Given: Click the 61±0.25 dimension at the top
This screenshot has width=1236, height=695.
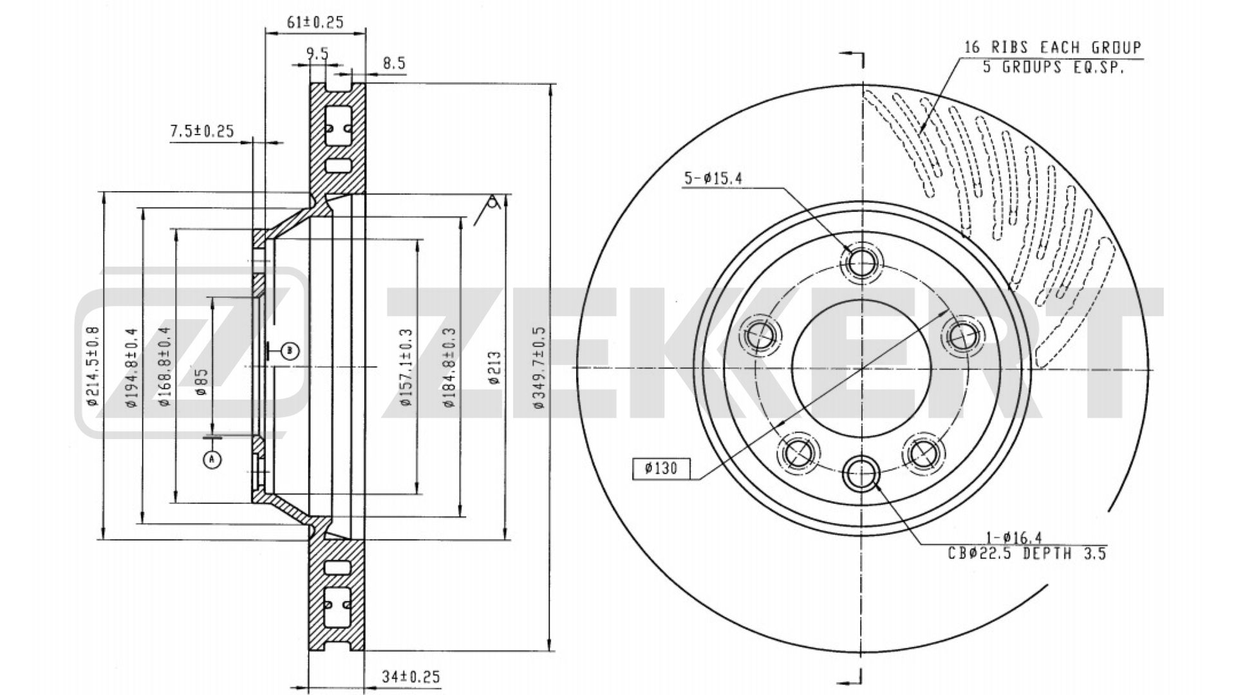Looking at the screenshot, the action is click(315, 23).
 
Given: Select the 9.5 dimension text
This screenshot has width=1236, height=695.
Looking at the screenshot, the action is click(317, 54).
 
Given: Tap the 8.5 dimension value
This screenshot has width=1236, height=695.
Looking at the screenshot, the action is click(394, 63).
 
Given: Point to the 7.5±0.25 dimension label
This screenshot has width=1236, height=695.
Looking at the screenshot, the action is click(201, 131).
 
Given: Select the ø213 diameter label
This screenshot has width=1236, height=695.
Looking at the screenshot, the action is click(494, 367).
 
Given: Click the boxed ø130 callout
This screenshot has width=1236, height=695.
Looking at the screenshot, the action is click(661, 468).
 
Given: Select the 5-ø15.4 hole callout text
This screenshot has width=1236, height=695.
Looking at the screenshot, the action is click(713, 178).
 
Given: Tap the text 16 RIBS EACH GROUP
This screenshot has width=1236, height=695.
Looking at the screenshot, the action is click(1053, 47).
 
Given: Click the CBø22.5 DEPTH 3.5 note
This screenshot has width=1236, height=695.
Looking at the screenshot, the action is click(1027, 553).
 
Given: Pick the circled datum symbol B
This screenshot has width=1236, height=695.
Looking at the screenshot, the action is click(290, 351).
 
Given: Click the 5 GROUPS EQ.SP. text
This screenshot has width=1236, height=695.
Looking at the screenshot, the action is click(1053, 66).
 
